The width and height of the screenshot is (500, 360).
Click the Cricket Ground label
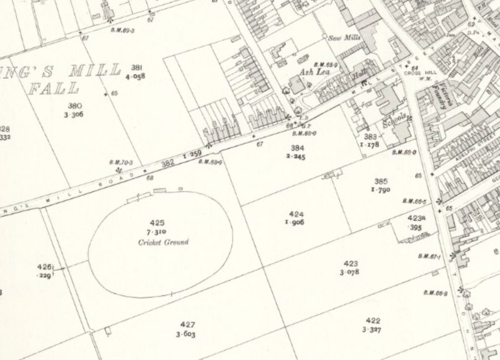163,242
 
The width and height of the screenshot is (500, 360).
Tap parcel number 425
158,222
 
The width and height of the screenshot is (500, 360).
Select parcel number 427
187,325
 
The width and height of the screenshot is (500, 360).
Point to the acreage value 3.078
350,272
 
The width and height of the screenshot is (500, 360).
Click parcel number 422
373,321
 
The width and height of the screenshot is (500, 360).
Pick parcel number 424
296,214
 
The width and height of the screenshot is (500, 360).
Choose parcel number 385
381,181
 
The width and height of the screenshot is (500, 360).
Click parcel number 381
136,67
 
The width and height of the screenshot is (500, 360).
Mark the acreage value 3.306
73,115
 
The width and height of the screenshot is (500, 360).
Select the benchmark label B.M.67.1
429,256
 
